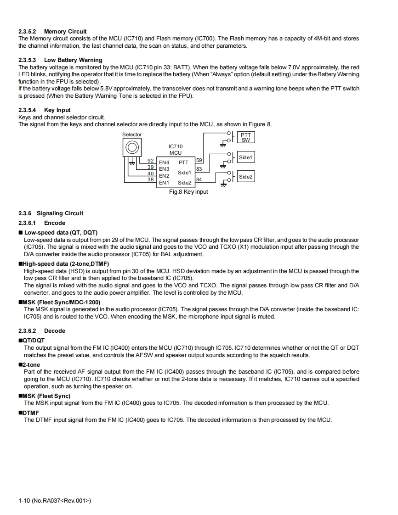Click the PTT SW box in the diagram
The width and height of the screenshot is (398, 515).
click(246, 138)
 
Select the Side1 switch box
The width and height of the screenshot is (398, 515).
click(245, 157)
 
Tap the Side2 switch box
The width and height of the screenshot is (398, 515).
click(245, 177)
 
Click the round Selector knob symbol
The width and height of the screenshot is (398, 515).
click(131, 147)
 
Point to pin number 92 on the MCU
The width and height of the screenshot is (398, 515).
click(150, 161)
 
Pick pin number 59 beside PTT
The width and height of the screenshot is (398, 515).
click(199, 160)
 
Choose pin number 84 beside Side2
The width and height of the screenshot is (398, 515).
click(199, 179)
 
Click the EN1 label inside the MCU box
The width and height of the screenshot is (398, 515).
click(164, 183)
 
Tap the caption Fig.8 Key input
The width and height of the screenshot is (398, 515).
click(188, 192)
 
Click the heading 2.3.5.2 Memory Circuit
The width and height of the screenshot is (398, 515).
click(52, 32)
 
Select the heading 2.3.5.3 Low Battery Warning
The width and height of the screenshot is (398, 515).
click(60, 60)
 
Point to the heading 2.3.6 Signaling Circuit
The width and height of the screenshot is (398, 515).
click(51, 213)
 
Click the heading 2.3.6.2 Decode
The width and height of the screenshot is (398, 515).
click(42, 331)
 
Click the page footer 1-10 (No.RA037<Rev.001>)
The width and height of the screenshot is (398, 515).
click(55, 500)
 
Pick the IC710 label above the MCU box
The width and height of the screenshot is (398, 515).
click(176, 146)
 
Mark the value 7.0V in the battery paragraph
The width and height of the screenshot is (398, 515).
click(294, 67)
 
